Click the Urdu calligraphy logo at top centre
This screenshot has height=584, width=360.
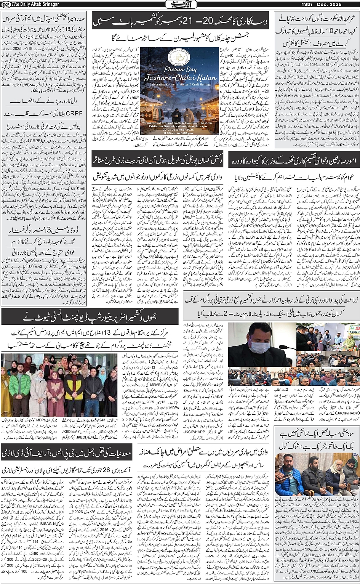[180, 4]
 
